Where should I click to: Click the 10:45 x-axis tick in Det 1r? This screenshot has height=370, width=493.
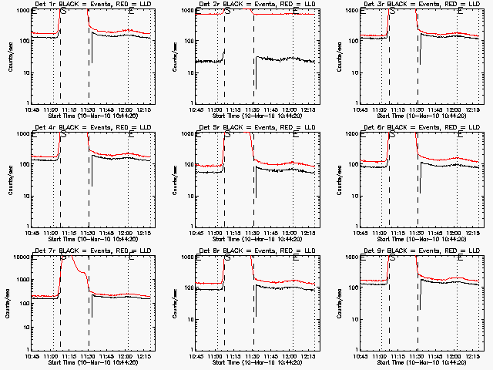(32, 109)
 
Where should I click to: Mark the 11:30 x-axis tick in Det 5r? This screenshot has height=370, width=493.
(253, 233)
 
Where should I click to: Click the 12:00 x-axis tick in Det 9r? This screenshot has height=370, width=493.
(456, 356)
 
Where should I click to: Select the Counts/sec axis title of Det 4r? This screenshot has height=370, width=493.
(8, 180)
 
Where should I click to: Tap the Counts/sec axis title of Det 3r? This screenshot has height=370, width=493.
(337, 56)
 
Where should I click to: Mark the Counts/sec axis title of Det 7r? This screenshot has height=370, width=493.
(8, 303)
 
